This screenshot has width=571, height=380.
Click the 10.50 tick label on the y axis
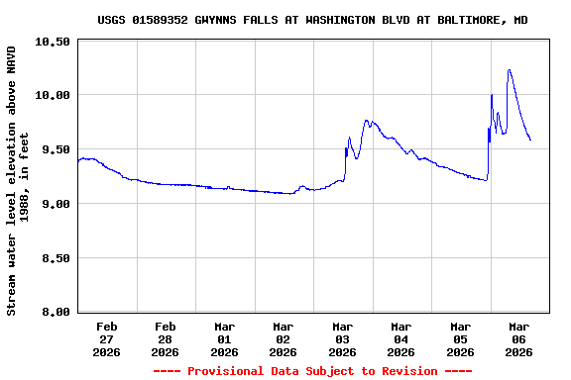pos(55,42)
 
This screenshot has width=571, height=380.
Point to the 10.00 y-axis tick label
pos(55,95)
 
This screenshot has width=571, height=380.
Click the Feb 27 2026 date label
pos(107,338)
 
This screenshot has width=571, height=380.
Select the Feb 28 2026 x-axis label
pos(166,338)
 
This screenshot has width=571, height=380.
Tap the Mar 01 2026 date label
pos(225,338)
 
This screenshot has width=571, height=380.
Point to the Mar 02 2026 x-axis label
pos(284,338)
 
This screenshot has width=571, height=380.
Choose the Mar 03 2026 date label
pos(343,338)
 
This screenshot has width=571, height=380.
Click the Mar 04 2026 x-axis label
pos(401,338)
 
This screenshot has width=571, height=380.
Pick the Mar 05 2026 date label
pos(461,338)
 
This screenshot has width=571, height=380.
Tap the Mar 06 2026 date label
pos(519,338)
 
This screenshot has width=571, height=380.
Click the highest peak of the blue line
pos(509,70)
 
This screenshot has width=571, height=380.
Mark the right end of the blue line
pos(530,140)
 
